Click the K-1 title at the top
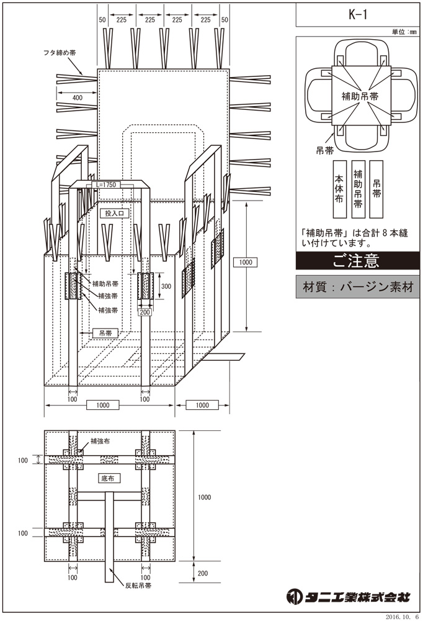coord(358,15)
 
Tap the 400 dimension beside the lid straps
coord(78,98)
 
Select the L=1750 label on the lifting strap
coord(107,185)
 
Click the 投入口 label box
coord(114,214)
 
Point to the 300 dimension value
coord(166,286)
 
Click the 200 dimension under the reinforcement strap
coord(145,312)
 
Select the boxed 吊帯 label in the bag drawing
coord(105,333)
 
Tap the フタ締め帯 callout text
coord(60,53)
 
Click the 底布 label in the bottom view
coord(108,478)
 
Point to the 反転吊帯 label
coord(138,586)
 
